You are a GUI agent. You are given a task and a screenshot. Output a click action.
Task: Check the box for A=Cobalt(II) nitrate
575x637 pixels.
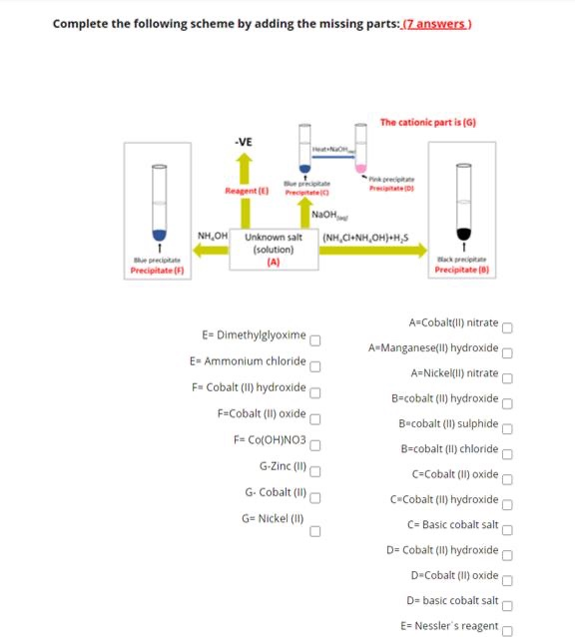tap(507, 325)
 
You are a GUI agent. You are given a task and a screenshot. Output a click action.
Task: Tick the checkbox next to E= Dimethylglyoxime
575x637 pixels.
tap(314, 337)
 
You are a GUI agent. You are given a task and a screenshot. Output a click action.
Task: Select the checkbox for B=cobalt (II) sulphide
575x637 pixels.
tap(507, 425)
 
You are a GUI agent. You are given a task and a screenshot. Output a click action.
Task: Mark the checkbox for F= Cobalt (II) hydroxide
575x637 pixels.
tap(314, 389)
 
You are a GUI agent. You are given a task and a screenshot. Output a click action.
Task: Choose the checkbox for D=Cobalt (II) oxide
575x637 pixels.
tap(507, 577)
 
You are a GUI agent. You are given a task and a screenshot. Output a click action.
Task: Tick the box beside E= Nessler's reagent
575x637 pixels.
tap(507, 628)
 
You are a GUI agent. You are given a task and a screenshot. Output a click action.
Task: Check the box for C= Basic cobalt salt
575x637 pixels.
tap(507, 527)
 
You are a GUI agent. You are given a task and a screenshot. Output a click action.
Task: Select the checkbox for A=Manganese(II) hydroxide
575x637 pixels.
tap(507, 350)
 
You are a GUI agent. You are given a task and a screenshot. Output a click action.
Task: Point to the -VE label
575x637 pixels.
tap(243, 142)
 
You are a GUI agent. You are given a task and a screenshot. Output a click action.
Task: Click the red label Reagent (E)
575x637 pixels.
tap(247, 190)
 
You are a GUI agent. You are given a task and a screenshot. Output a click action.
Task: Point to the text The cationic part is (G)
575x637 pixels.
tap(427, 122)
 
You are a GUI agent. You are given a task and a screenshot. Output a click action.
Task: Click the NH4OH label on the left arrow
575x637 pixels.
tap(214, 237)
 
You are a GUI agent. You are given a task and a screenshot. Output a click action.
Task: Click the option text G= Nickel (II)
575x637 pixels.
tap(272, 518)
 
